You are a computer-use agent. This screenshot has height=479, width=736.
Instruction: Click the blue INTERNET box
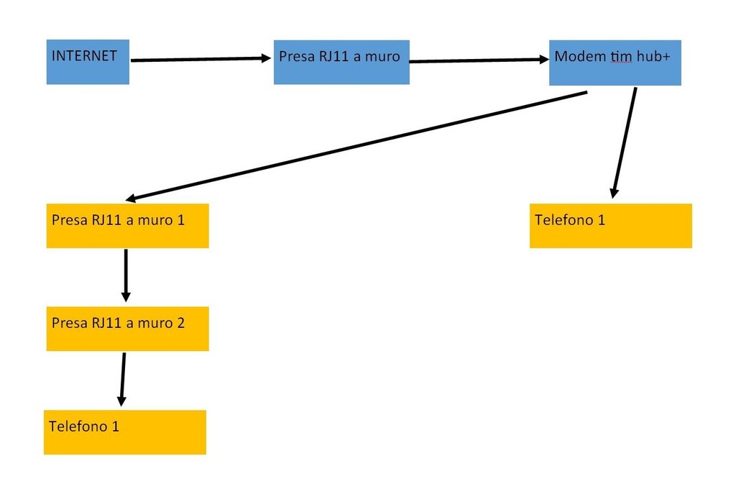88,62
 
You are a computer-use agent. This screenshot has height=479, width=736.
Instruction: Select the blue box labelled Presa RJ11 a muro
341,62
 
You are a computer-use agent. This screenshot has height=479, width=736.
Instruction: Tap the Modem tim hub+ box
615,63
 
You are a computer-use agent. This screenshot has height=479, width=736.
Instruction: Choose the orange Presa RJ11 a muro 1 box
128,226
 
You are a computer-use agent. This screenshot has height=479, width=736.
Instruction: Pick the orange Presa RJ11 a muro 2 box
128,329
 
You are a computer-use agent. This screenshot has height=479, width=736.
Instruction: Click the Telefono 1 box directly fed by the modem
611,226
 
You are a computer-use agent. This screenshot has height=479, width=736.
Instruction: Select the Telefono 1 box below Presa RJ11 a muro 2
125,432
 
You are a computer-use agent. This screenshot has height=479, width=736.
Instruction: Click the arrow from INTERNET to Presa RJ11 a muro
201,59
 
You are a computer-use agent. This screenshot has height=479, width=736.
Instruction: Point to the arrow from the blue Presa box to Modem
479,60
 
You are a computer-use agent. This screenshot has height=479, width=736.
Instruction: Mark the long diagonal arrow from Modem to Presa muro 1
356,146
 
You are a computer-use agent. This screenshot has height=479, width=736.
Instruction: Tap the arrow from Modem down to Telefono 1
625,142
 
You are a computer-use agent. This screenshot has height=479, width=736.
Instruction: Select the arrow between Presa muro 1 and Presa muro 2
126,275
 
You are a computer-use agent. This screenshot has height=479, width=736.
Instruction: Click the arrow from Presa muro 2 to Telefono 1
122,380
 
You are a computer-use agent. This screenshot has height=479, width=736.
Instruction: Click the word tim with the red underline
621,57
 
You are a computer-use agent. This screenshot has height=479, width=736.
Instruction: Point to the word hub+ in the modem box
653,56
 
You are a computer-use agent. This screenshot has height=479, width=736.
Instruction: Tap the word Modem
580,56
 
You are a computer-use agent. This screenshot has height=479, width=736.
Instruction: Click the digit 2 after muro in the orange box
180,323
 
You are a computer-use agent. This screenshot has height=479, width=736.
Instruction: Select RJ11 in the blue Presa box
333,56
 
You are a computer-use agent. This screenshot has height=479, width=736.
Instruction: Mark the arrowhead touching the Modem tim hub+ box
544,59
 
